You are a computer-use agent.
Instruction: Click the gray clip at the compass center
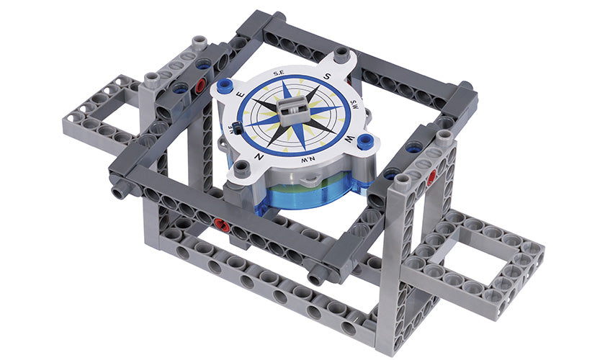[295, 107]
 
